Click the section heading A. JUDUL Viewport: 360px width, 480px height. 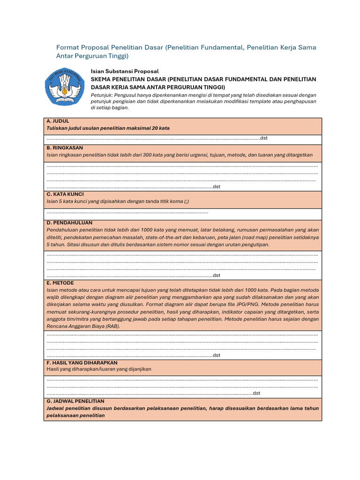pos(58,121)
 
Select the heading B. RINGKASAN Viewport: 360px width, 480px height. pos(65,148)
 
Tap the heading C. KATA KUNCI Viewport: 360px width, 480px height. pos(65,194)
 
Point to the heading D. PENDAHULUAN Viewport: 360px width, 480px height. pos(69,223)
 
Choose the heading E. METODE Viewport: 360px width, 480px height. pos(60,283)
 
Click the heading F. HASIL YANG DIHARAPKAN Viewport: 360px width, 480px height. pos(82,363)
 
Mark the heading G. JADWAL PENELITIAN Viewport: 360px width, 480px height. pos(75,401)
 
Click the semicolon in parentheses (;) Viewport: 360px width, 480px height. pos(186,201)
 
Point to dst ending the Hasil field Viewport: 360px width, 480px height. pos(256,393)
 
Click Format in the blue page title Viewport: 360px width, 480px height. pos(69,47)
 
